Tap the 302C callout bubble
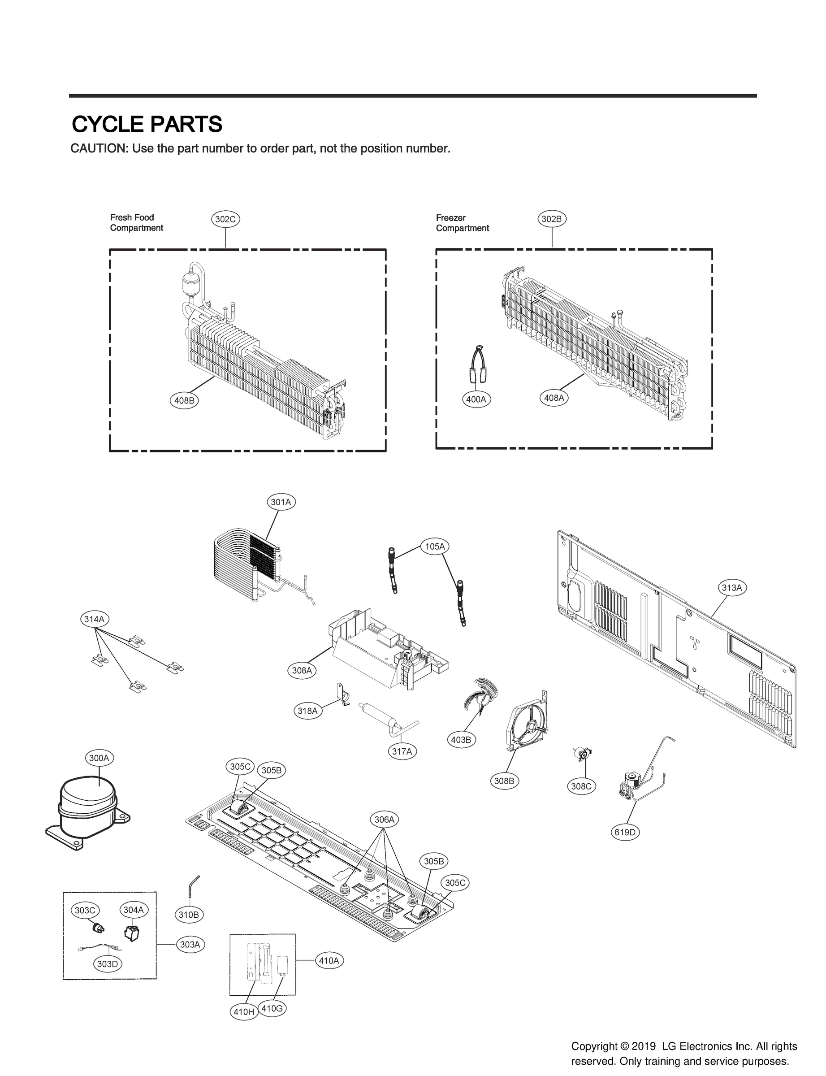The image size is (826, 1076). pyautogui.click(x=226, y=219)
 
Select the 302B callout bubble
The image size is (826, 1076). pyautogui.click(x=552, y=219)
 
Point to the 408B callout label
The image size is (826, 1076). pyautogui.click(x=184, y=400)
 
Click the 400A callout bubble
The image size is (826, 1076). pyautogui.click(x=476, y=399)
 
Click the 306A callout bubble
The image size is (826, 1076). pyautogui.click(x=385, y=819)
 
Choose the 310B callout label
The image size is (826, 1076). pyautogui.click(x=188, y=915)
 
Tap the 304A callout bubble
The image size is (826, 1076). pyautogui.click(x=133, y=910)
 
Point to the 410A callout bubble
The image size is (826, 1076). pyautogui.click(x=329, y=960)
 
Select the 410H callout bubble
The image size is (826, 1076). pyautogui.click(x=244, y=1011)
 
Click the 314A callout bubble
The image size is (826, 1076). pyautogui.click(x=94, y=619)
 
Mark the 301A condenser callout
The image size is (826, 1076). pyautogui.click(x=281, y=502)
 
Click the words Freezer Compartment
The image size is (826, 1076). pyautogui.click(x=462, y=223)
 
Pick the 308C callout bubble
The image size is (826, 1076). pyautogui.click(x=581, y=786)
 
